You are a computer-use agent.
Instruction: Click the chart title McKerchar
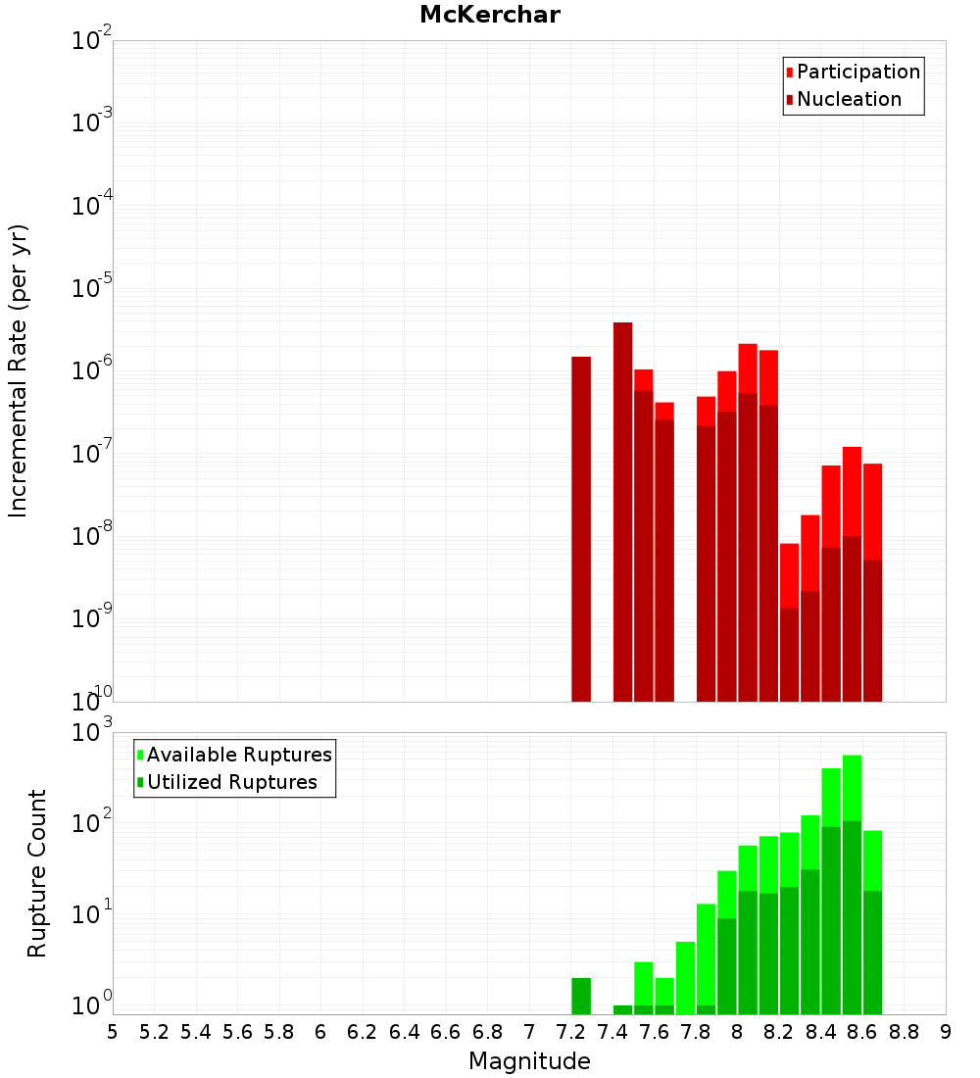click(490, 16)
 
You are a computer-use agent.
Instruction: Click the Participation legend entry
click(858, 72)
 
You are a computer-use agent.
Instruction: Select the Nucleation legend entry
click(849, 99)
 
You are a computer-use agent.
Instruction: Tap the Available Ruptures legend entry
click(239, 755)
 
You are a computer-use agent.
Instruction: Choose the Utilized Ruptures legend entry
click(231, 782)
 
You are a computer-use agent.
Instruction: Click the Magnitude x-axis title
click(529, 1061)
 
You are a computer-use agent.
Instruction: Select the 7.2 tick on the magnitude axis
click(570, 1032)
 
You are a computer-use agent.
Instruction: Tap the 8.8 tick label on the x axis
click(904, 1032)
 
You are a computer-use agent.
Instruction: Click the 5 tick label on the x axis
click(113, 1032)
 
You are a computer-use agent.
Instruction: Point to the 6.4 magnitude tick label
click(404, 1032)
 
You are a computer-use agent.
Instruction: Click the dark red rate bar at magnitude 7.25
click(581, 529)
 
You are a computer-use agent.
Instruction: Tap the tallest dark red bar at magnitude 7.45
click(622, 510)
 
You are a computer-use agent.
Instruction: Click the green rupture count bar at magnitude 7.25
click(581, 996)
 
